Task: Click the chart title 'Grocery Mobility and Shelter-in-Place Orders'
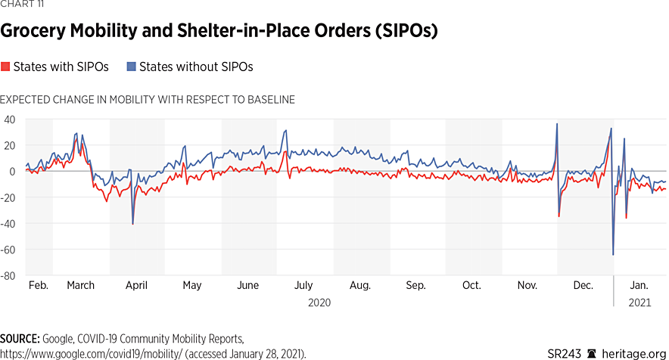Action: click(219, 32)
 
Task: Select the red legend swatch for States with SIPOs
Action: click(5, 67)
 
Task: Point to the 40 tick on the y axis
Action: click(11, 119)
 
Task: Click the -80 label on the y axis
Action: click(9, 276)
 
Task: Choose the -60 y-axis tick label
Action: click(9, 250)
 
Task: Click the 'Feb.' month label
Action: click(39, 286)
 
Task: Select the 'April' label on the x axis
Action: click(136, 286)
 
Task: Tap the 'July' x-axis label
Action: click(303, 286)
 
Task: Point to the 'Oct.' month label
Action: click(471, 286)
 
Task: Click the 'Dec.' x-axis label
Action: click(583, 286)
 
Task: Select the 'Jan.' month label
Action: click(639, 286)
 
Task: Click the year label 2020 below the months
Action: click(319, 303)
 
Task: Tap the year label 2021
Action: click(640, 303)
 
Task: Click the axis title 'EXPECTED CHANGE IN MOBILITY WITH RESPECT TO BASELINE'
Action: click(148, 100)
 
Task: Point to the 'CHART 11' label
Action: click(22, 7)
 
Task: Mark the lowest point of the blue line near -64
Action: click(613, 255)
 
